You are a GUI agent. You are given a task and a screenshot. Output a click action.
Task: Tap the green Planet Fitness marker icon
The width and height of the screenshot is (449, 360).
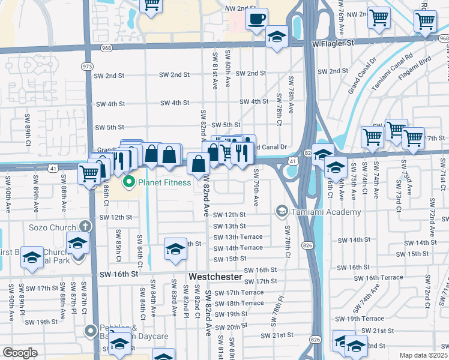[x=127, y=182]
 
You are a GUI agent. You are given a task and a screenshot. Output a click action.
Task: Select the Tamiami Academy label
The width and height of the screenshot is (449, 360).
[x=326, y=212]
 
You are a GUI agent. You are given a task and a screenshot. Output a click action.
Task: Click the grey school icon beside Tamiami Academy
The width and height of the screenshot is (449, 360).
[x=281, y=211]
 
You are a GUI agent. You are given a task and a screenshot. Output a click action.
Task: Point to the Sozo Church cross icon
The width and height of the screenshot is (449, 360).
[x=86, y=227]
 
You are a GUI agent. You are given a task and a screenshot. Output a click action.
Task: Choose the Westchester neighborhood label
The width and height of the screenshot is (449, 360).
[x=215, y=277]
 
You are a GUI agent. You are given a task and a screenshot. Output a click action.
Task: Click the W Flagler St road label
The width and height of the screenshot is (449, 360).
[x=334, y=43]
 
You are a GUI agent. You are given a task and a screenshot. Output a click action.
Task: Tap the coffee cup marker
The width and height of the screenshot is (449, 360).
[x=256, y=19]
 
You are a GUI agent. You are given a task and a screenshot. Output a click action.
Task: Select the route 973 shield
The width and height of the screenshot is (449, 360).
[x=88, y=66]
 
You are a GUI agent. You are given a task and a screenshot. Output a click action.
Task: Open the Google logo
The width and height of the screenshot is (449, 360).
[x=20, y=353]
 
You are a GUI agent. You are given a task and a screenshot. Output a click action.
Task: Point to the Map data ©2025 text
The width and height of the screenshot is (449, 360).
[x=424, y=355]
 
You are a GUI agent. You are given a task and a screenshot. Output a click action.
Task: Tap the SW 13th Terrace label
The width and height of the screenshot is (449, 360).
[x=238, y=237]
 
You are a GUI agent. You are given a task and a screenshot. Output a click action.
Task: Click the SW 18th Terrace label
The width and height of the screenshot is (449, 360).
[x=238, y=304]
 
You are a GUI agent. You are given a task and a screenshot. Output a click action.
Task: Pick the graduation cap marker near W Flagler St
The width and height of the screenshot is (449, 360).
[x=277, y=37]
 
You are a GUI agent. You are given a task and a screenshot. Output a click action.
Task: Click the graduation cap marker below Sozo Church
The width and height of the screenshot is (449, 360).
[x=78, y=244]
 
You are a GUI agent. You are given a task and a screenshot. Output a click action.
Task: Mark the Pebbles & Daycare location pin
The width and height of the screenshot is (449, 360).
[x=91, y=331]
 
